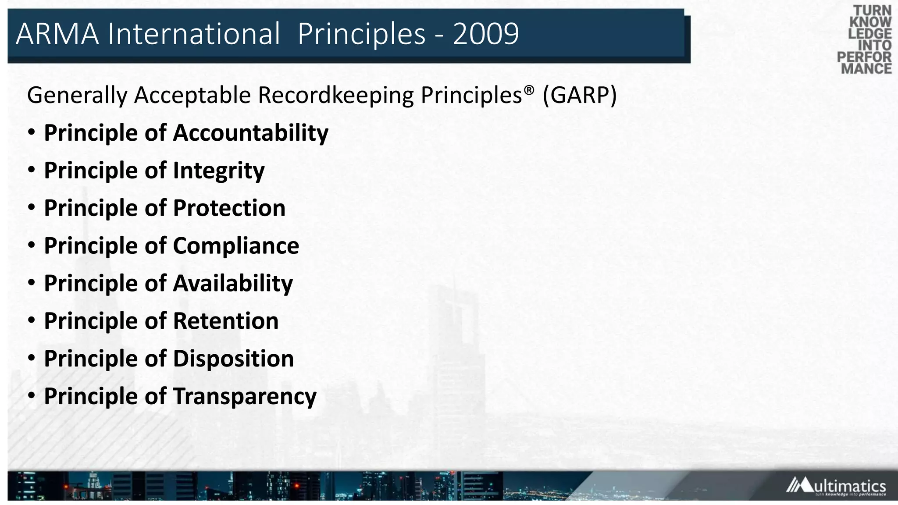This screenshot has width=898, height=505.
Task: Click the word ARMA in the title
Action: point(57,34)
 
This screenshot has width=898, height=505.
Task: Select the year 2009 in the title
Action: point(485,34)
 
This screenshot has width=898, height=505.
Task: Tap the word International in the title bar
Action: point(194,34)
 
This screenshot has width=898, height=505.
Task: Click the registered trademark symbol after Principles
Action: point(529,90)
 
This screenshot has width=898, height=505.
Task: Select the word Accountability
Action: point(251,133)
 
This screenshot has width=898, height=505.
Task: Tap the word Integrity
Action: point(219,171)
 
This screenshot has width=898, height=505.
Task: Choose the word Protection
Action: point(229,208)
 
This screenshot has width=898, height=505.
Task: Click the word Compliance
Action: point(236,245)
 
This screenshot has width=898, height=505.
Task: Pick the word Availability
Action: point(233,283)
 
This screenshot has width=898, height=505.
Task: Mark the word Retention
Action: point(226,321)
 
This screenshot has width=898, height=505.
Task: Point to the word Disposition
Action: point(233,359)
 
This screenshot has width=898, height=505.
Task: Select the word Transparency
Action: point(245,396)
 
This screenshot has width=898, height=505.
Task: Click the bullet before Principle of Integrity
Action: point(31,170)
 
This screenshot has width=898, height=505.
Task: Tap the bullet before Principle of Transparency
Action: point(31,396)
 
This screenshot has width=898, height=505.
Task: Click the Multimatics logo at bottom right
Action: point(836,486)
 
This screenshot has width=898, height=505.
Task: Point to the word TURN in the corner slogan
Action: point(872,11)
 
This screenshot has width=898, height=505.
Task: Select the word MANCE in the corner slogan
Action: point(866,69)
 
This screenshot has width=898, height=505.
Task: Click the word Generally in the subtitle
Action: point(77,95)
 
